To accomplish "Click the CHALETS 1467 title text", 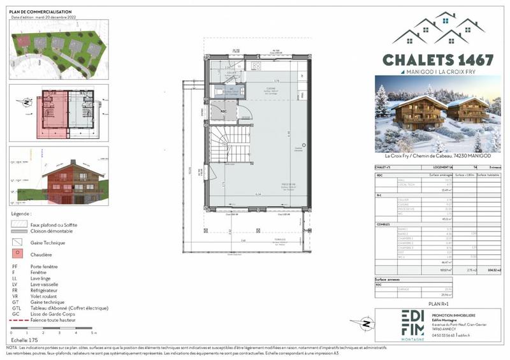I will [x=438, y=60].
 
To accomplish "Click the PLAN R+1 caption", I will [x=438, y=305].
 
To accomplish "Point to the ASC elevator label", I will [x=224, y=110].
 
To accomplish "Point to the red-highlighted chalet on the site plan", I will [x=24, y=43].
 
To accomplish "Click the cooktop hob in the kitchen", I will [x=256, y=66].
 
